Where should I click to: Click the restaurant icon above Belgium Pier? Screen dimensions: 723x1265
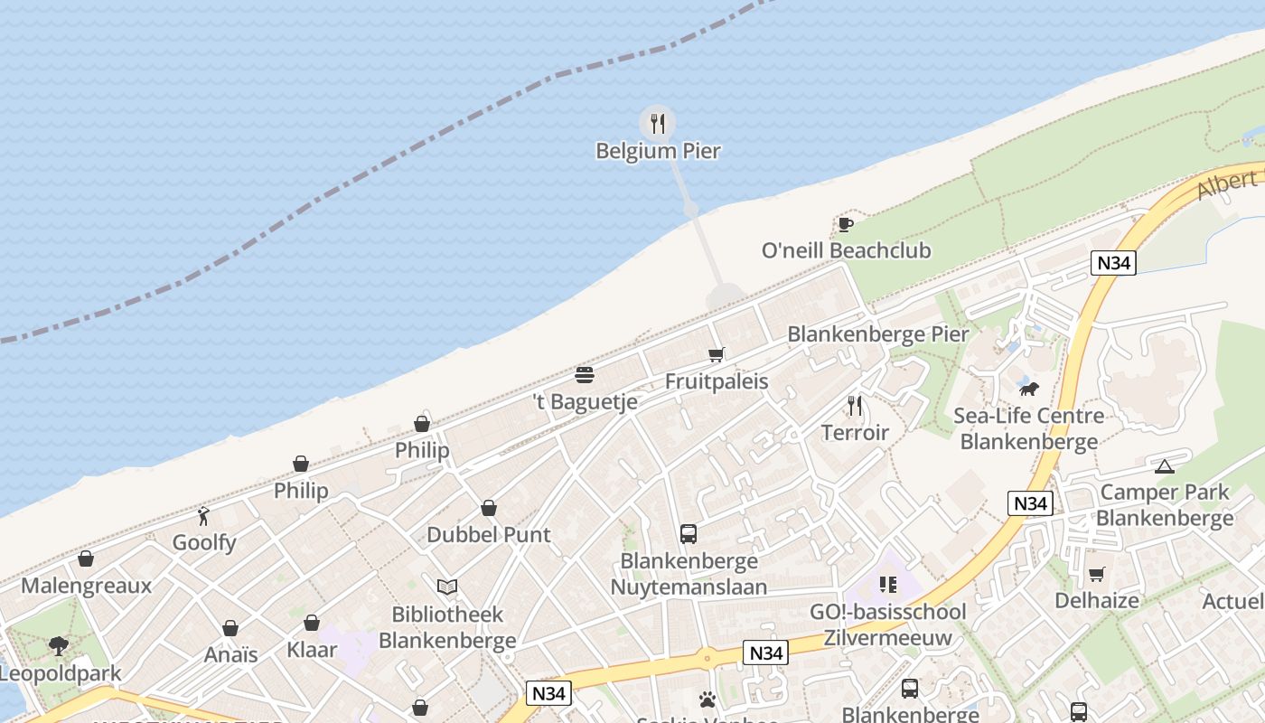[x=658, y=123]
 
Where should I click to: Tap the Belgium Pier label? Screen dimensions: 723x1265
[x=658, y=151]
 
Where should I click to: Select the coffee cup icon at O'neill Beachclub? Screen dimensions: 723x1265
[x=845, y=224]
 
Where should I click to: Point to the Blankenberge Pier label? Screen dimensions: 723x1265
[x=877, y=334]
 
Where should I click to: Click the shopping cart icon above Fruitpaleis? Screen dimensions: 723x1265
[x=717, y=354]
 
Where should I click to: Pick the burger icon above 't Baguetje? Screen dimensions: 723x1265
[x=585, y=375]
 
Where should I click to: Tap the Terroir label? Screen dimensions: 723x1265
[x=855, y=433]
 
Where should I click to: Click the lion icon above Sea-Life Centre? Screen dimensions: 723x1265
[x=1028, y=390]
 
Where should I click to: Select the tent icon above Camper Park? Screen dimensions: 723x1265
[x=1164, y=466]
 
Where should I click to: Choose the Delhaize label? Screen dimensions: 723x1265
[x=1096, y=600]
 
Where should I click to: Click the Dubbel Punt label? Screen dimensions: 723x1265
[x=488, y=535]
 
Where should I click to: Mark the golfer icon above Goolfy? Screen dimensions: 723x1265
[x=204, y=516]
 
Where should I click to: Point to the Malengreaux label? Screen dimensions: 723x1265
[x=86, y=586]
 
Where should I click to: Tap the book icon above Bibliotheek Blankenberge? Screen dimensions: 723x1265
[x=446, y=587]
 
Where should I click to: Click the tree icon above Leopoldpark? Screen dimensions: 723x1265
[x=59, y=646]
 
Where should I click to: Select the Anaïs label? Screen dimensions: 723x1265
[x=230, y=655]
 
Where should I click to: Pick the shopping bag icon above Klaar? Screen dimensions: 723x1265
[x=312, y=623]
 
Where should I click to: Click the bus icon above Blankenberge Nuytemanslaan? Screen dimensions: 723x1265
[x=689, y=534]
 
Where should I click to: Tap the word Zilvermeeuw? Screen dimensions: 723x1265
[x=887, y=638]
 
